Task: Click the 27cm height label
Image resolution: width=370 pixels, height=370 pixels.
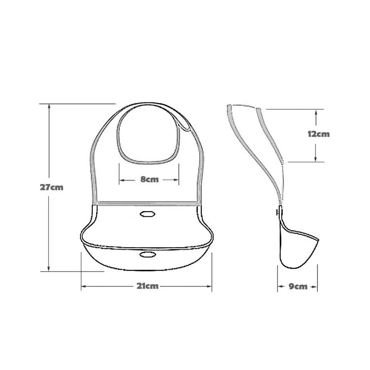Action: click(x=52, y=187)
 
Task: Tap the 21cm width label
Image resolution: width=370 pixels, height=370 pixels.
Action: click(x=147, y=286)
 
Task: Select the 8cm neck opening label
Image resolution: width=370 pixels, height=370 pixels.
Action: click(x=149, y=180)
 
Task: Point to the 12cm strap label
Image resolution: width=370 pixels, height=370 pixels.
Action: click(x=318, y=134)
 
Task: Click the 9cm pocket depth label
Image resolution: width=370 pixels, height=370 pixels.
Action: click(x=298, y=286)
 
